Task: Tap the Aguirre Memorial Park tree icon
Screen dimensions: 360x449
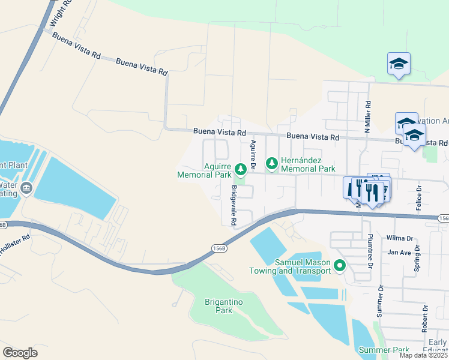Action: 241,170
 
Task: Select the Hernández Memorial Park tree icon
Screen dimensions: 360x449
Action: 272,163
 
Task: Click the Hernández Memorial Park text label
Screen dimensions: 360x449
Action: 309,165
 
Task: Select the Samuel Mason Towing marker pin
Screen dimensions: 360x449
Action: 340,265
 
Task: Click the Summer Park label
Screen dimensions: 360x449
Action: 384,350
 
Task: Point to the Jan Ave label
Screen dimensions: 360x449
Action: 399,253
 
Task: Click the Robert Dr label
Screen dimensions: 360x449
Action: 425,319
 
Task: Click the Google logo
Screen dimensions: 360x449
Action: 20,352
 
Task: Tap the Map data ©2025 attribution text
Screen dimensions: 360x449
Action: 423,355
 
